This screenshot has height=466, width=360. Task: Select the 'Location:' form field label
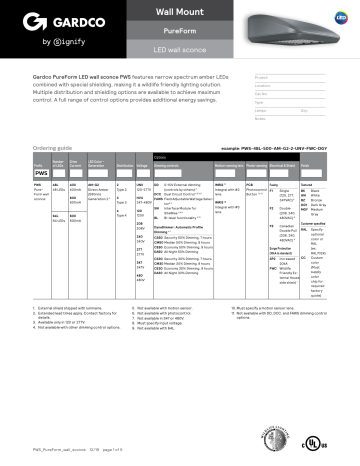click(265, 85)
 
